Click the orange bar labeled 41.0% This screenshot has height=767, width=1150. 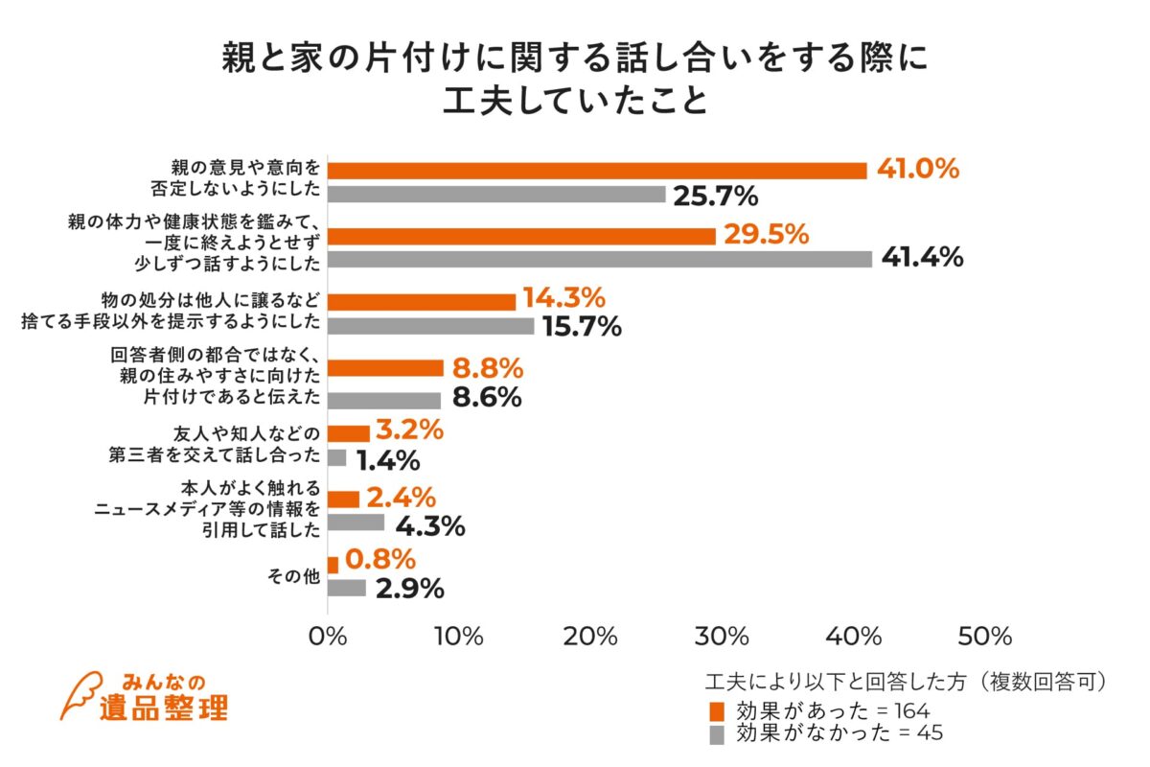point(597,171)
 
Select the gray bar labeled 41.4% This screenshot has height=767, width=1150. point(600,259)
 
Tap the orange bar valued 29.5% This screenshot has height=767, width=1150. point(521,236)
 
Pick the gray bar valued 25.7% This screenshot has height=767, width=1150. point(496,195)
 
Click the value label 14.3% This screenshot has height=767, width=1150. point(563,299)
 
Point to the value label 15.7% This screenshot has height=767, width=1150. point(582,327)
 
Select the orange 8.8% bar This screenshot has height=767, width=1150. point(385,368)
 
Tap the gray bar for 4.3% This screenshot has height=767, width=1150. point(356,523)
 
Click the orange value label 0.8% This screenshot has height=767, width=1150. point(380,559)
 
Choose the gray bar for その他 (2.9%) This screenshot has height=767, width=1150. point(346,588)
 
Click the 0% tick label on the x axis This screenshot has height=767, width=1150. point(329,637)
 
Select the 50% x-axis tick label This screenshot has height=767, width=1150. point(984,637)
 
